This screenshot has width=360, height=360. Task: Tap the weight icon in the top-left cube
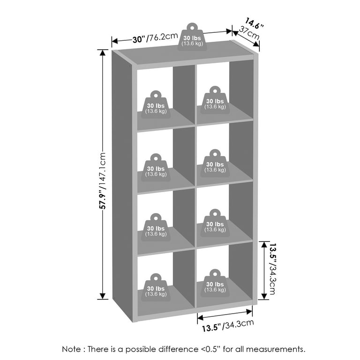(x=156, y=105)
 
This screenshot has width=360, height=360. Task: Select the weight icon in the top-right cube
(x=215, y=100)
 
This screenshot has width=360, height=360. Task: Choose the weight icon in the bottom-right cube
(x=215, y=283)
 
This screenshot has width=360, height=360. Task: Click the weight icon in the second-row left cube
(x=156, y=168)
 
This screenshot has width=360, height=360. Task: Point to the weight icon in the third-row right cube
(x=215, y=223)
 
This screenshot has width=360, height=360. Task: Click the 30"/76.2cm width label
(x=155, y=38)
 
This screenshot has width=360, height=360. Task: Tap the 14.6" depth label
(x=254, y=23)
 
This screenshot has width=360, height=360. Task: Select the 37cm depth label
(x=249, y=33)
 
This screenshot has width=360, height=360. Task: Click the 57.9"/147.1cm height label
(x=102, y=180)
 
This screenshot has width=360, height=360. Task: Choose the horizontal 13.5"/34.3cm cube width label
(x=228, y=326)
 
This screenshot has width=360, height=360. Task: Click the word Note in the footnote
(x=71, y=349)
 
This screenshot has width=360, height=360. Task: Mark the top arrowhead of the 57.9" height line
(x=103, y=52)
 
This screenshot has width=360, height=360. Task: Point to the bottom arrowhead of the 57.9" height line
(x=103, y=296)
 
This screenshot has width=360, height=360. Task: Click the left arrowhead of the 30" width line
(x=115, y=41)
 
